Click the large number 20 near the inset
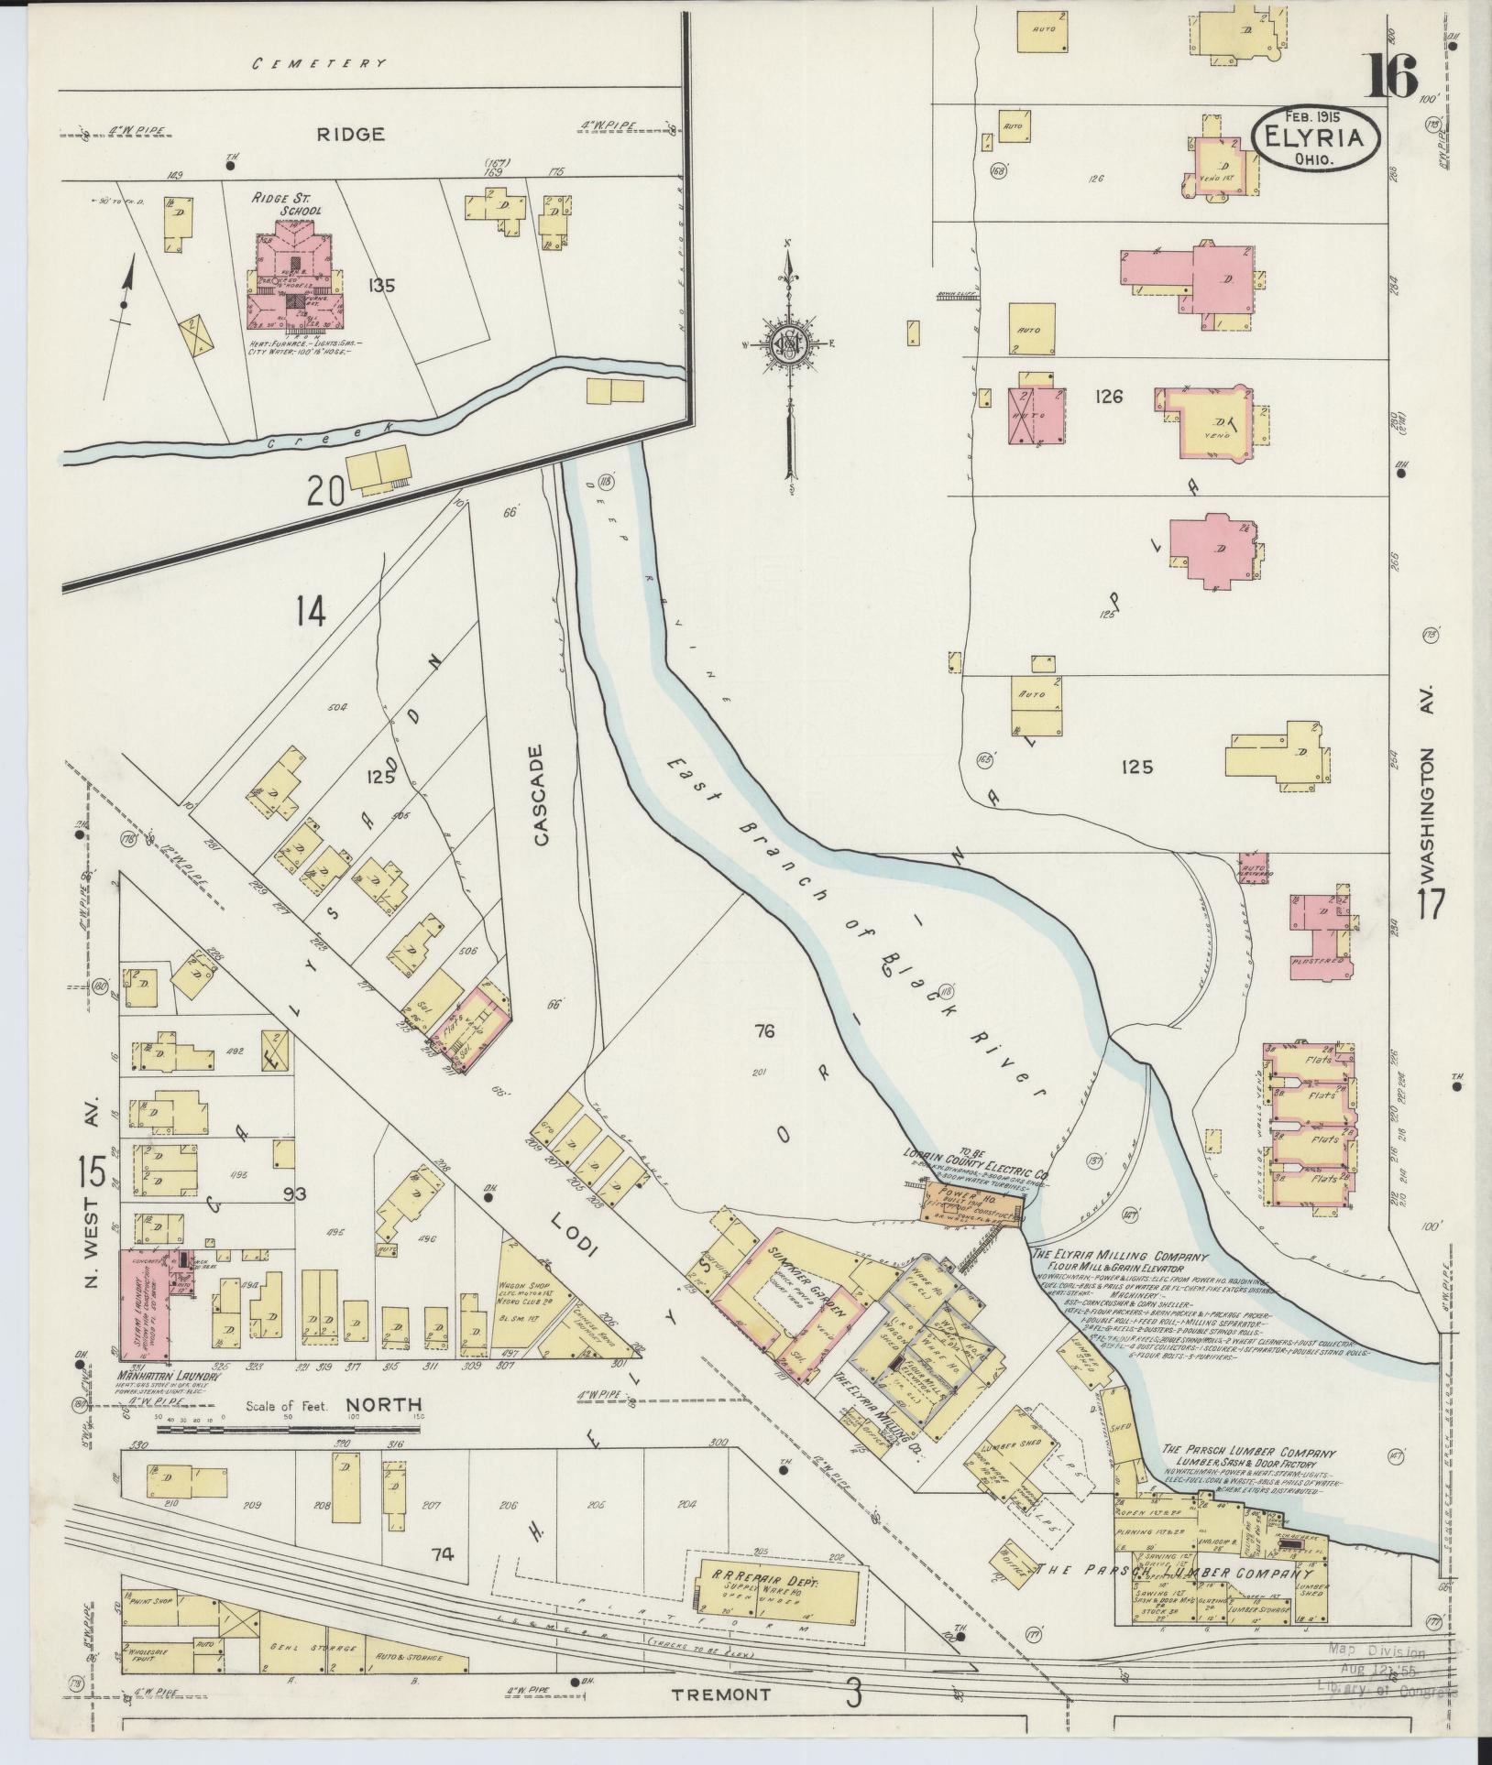tap(325, 494)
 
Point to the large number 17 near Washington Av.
tap(1431, 903)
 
